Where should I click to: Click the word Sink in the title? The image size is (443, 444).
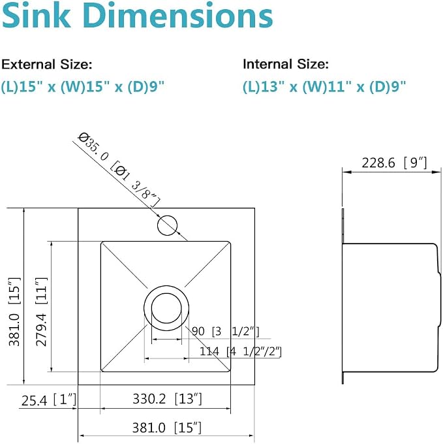[x=36, y=16]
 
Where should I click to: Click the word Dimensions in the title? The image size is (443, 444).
[x=178, y=16]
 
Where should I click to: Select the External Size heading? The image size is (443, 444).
[x=47, y=65]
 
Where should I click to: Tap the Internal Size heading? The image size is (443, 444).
[x=286, y=64]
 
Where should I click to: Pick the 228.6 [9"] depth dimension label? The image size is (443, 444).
[x=394, y=163]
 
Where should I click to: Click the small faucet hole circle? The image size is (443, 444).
[x=167, y=225]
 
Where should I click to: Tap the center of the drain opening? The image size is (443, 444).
[x=166, y=308]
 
